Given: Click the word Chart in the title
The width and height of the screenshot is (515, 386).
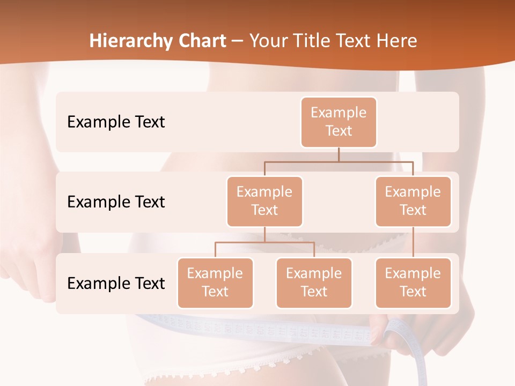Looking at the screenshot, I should [x=200, y=41].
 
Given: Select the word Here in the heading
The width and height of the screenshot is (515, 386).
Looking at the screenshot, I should [x=397, y=41].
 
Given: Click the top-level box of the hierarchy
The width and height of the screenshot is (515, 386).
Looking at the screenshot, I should [x=339, y=122].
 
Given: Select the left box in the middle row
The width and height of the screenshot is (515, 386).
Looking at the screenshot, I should [x=264, y=202].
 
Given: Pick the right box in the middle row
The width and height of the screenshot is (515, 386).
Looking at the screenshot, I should [x=413, y=202].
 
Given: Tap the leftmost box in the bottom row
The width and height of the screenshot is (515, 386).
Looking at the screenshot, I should [x=215, y=283].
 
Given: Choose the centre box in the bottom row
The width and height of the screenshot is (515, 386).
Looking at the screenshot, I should [x=314, y=283].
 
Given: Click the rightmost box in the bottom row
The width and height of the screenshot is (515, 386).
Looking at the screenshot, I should [x=413, y=283].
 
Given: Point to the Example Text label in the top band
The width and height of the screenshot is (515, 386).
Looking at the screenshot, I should [x=116, y=122].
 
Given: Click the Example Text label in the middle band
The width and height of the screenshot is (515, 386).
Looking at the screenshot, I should [x=116, y=202].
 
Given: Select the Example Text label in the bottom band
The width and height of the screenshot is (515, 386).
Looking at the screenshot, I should [x=116, y=284].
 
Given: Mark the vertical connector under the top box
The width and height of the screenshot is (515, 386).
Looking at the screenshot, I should [x=339, y=154].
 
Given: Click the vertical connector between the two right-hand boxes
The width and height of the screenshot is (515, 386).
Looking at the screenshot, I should [x=413, y=242].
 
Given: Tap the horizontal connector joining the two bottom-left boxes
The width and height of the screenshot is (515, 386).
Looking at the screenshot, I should [x=264, y=242].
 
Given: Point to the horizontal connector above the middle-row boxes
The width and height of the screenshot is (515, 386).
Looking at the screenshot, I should [x=339, y=161].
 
